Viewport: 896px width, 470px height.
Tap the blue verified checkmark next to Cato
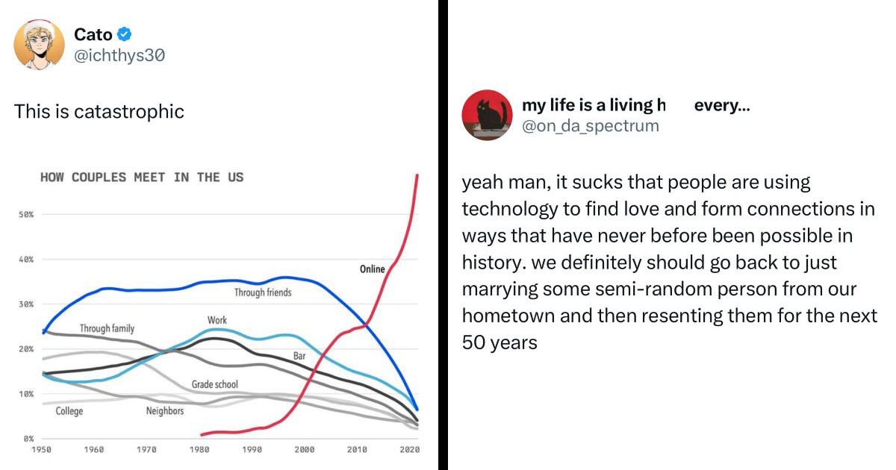tap(125, 34)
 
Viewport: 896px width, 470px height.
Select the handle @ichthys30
tap(119, 55)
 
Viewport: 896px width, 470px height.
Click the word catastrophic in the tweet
tap(129, 112)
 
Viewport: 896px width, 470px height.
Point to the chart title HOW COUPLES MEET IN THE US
tap(142, 178)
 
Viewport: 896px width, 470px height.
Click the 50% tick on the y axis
tap(26, 215)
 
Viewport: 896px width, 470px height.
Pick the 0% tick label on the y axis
tap(28, 439)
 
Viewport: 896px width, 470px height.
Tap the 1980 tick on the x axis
tap(199, 450)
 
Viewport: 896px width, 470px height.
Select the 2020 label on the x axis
tap(409, 450)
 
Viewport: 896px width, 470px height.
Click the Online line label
tap(372, 269)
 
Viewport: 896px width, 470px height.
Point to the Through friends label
tap(263, 292)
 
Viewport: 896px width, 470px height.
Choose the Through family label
tap(107, 328)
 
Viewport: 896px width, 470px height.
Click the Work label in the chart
tap(217, 321)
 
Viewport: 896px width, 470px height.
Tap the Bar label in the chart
tap(299, 357)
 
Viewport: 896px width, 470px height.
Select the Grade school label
tap(214, 385)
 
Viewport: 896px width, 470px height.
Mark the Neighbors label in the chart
tap(164, 411)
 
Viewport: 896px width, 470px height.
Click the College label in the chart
tap(69, 411)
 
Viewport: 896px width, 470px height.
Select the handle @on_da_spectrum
tap(591, 126)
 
